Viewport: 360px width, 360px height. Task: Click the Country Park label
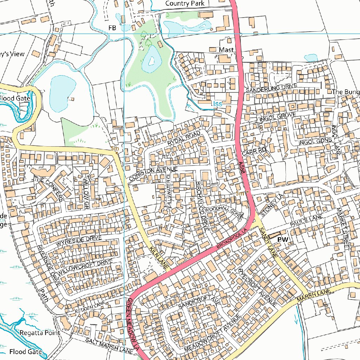tap(185, 3)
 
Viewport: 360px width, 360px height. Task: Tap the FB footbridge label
tap(112, 28)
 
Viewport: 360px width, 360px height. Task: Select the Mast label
tap(226, 50)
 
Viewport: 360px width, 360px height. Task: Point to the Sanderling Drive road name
tap(271, 88)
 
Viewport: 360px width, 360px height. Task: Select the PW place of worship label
tap(283, 240)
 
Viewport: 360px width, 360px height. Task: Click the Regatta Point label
tap(40, 333)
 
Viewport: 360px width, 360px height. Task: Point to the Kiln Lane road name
tap(158, 258)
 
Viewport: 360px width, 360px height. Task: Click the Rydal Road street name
tap(184, 139)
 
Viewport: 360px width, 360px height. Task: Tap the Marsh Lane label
tap(314, 296)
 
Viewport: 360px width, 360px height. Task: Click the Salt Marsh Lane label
tap(109, 345)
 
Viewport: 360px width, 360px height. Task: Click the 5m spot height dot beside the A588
tap(247, 192)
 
